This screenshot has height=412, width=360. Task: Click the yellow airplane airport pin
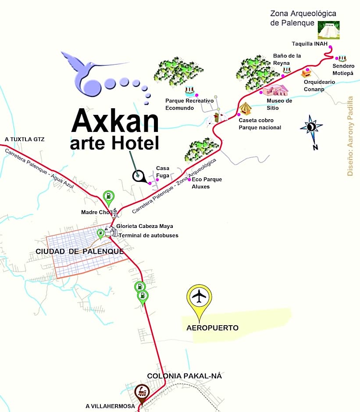pos(200,298)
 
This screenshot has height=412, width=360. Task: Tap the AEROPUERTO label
pos(212,328)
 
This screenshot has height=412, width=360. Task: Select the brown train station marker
pos(141,391)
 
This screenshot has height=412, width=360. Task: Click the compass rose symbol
pos(311,127)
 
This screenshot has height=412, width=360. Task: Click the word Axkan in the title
pos(115,121)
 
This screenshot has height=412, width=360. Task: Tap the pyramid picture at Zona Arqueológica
pos(328,30)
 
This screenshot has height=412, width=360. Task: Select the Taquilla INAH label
pos(310,43)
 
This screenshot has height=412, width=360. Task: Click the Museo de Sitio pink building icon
pos(275,91)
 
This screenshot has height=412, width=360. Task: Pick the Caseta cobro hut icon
pos(245,109)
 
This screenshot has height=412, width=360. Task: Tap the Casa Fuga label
pos(163,172)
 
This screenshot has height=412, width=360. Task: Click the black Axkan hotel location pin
pos(139,176)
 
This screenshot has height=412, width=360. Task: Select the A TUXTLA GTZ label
pos(25,139)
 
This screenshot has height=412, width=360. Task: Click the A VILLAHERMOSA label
pos(110,406)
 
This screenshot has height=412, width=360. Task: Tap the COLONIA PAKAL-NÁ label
pos(184,376)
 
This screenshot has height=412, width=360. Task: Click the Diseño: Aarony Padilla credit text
pos(350,136)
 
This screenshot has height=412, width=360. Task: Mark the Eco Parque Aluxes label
pos(207,183)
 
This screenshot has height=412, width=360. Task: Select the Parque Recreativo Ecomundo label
pos(189,104)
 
